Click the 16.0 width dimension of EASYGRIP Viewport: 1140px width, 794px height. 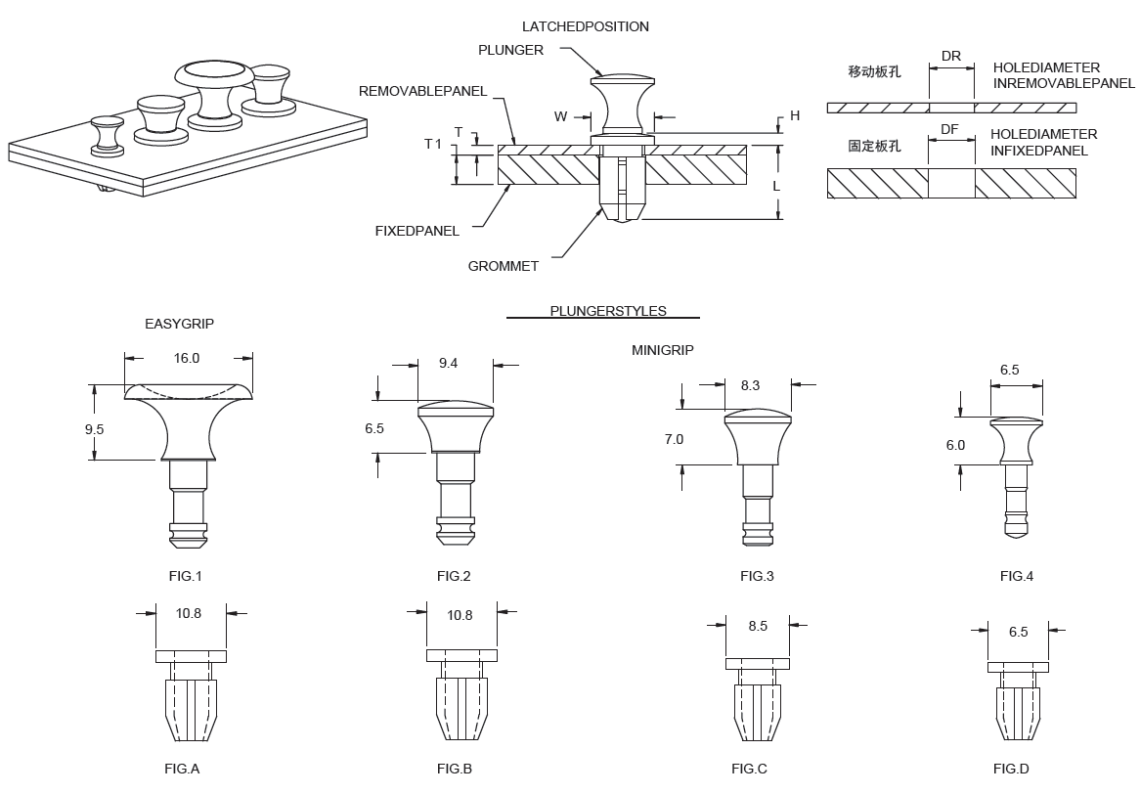186,359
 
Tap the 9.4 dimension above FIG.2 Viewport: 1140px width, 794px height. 448,364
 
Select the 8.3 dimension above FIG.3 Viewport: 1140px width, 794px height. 750,386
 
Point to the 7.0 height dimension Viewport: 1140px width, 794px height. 674,440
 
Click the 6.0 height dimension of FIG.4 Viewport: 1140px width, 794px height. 955,445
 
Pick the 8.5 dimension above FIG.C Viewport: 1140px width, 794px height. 758,627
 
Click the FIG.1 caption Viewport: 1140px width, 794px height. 185,577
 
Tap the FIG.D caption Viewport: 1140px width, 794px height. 1011,770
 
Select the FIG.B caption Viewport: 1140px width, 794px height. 455,770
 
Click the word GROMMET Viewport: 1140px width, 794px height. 503,266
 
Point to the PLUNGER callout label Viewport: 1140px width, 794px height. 510,50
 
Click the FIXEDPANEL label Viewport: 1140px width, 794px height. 417,232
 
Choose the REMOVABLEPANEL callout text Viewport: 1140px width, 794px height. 422,91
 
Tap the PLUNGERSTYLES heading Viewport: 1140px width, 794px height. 608,311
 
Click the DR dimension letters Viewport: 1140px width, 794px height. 950,57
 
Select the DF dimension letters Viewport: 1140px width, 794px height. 949,129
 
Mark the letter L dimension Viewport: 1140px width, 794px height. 775,185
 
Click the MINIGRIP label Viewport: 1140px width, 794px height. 662,350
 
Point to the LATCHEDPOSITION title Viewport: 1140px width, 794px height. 585,26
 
